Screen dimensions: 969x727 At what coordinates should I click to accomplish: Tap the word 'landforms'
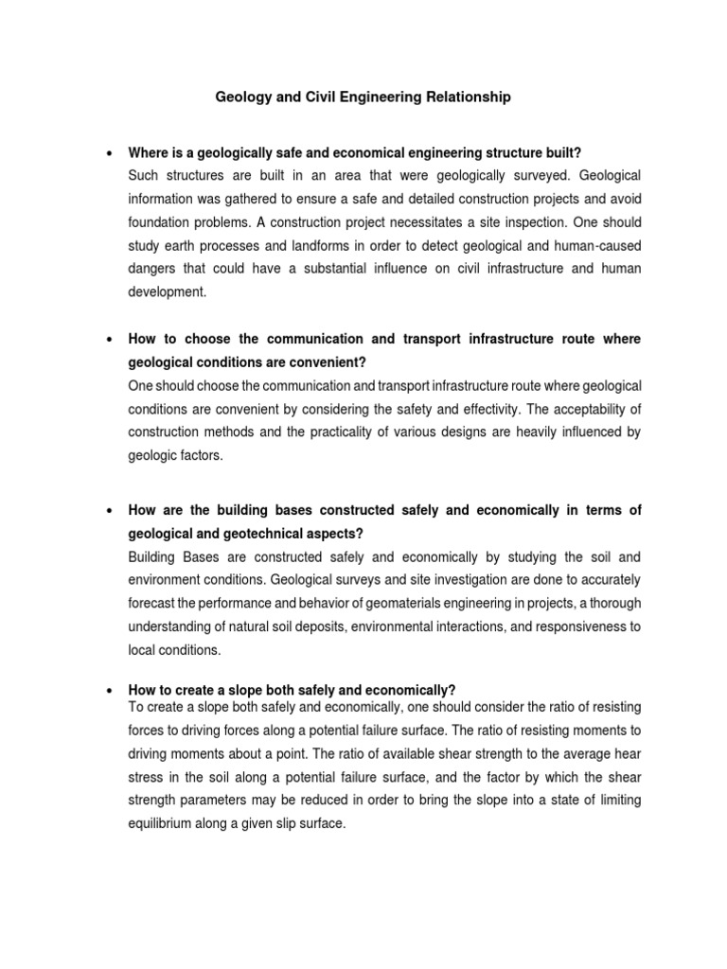(x=298, y=246)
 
